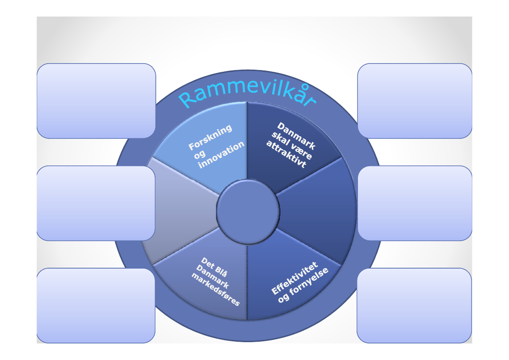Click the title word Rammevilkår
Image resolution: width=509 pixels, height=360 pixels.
click(x=247, y=95)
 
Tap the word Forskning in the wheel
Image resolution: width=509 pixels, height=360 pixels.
click(x=210, y=138)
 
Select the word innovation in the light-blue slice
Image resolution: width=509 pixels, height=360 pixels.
click(x=221, y=155)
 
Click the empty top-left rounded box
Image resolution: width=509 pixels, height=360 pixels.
click(x=96, y=101)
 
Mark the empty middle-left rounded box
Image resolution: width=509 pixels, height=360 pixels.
click(x=96, y=203)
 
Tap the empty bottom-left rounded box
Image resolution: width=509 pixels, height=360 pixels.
click(x=96, y=305)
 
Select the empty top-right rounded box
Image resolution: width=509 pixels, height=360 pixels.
click(x=415, y=101)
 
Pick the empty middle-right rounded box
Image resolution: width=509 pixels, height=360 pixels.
click(x=415, y=203)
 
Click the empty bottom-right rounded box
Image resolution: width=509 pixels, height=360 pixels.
click(x=414, y=305)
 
